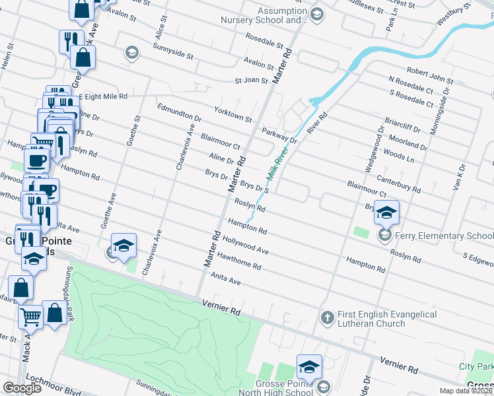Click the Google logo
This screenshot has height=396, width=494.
click(22, 388)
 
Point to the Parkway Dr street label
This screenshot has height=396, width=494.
click(279, 135)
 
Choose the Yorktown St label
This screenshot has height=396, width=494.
click(233, 114)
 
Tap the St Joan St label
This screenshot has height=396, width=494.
click(252, 81)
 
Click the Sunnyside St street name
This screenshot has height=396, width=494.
click(172, 52)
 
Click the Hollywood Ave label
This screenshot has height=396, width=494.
click(246, 246)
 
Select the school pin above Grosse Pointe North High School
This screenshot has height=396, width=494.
click(309, 366)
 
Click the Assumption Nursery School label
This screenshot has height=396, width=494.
click(278, 16)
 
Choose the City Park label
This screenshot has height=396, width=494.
click(476, 366)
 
